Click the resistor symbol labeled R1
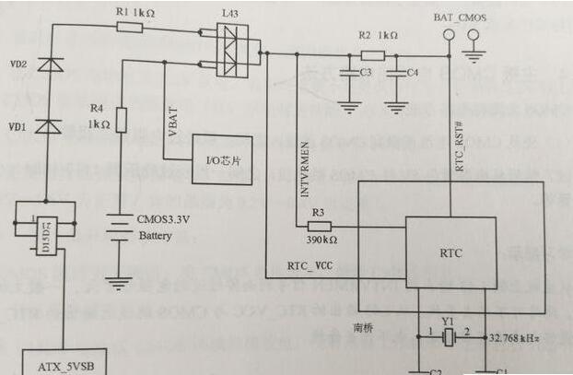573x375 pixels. (131, 28)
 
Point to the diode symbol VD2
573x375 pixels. (51, 65)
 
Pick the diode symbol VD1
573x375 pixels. (51, 126)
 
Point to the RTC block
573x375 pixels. (451, 251)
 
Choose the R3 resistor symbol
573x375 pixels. (319, 227)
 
